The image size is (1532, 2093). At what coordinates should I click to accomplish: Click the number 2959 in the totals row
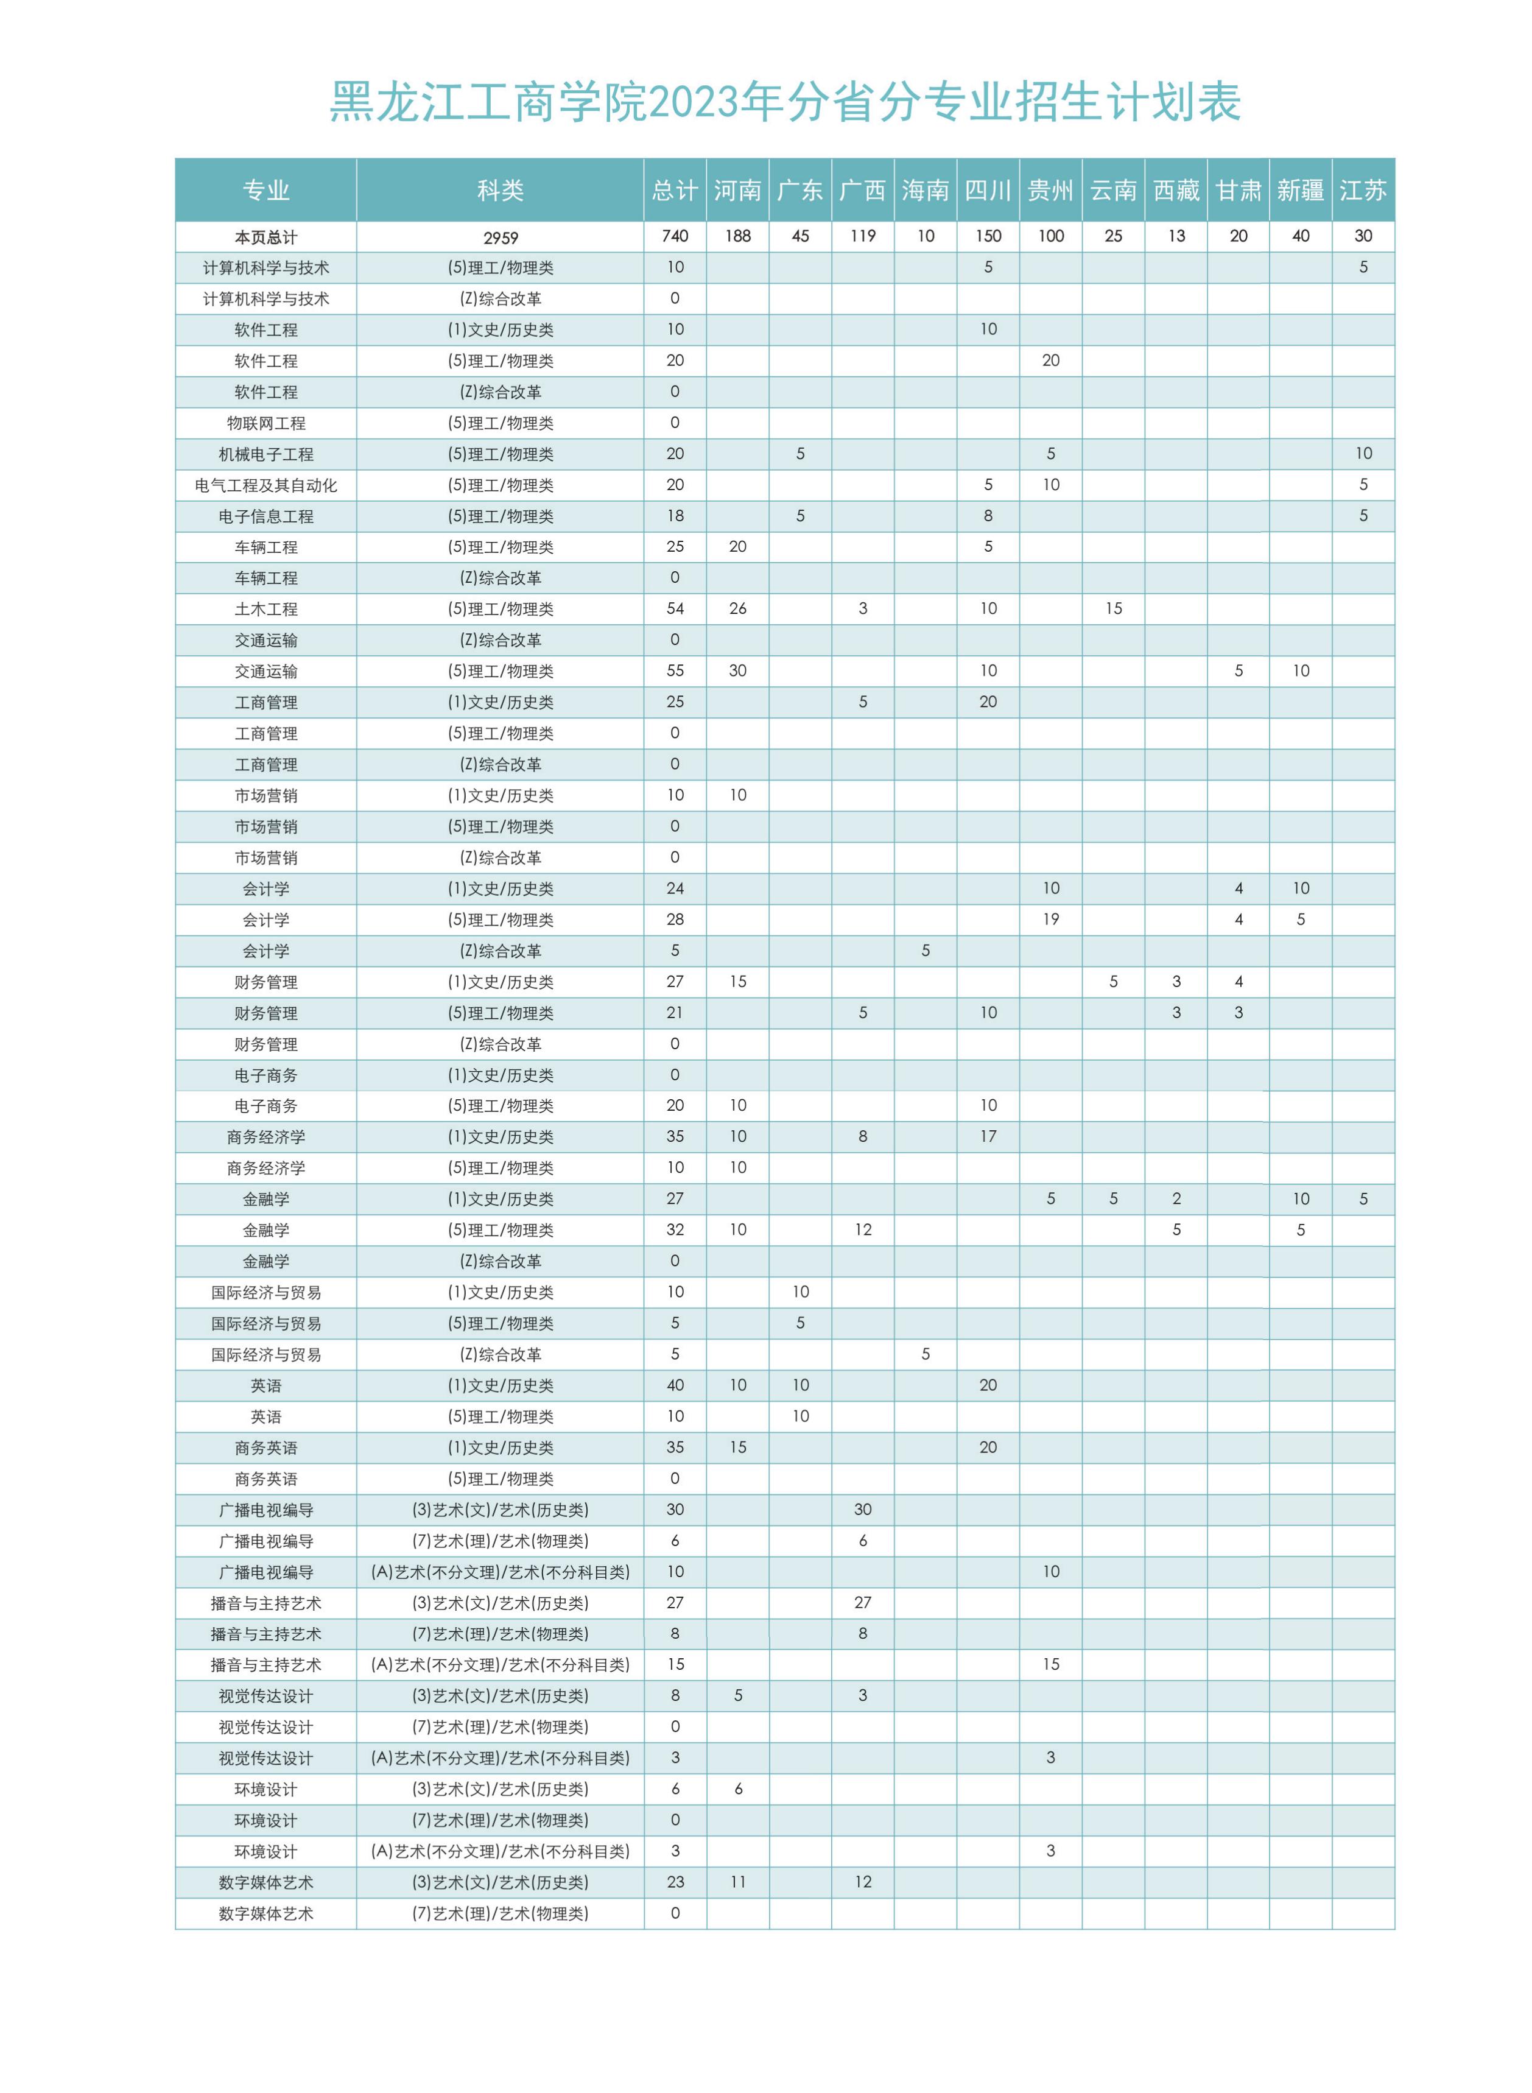tap(500, 237)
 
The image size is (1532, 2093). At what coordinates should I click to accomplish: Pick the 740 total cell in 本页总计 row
tap(675, 236)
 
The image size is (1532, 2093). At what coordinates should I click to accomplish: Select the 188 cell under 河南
tap(737, 236)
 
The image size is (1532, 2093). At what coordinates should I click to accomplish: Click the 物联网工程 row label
tap(266, 423)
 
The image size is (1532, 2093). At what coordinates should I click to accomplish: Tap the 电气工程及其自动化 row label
tap(266, 485)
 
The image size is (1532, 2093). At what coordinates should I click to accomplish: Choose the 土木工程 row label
tap(266, 609)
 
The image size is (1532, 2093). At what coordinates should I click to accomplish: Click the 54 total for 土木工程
tap(675, 608)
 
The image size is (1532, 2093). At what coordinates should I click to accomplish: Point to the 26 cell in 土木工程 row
tap(737, 608)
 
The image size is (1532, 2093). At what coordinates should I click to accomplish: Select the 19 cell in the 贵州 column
tap(1051, 919)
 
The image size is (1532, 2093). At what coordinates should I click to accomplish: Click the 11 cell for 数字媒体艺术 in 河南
tap(737, 1882)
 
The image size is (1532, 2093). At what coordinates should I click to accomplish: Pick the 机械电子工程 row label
tap(266, 454)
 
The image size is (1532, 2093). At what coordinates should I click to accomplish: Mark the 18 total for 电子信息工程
tap(675, 516)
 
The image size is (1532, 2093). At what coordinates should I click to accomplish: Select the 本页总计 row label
tap(266, 237)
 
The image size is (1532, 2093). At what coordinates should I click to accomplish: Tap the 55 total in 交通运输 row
tap(675, 670)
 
